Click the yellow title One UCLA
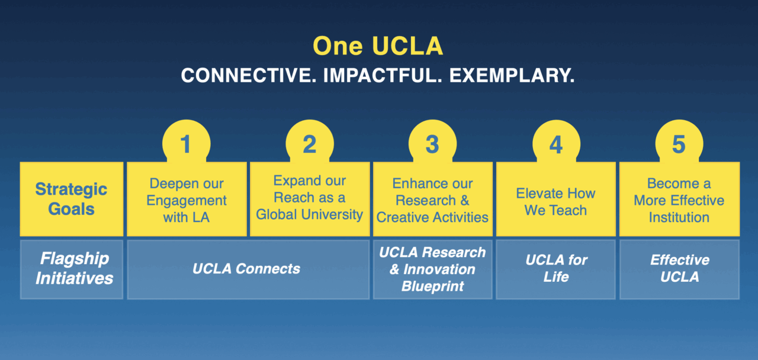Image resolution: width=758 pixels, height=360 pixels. coord(378,46)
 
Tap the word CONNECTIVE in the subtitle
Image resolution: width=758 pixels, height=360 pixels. coord(248,75)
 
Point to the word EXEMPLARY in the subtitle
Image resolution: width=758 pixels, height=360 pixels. coord(512,75)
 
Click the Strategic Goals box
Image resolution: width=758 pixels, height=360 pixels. coord(72,199)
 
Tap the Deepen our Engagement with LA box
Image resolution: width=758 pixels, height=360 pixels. coord(187,199)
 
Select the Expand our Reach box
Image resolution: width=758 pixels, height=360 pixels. coord(310,199)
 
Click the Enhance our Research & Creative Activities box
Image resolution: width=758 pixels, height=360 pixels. coord(433,199)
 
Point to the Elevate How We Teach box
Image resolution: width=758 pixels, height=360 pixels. coord(556,199)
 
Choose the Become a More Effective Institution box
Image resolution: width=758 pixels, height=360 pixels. coord(679,199)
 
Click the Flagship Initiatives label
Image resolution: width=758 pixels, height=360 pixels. coord(75,268)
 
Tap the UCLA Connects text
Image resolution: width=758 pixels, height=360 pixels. coord(246,269)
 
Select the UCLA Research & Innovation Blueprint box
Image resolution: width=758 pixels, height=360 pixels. coord(433,269)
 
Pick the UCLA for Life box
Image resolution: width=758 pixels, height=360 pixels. coord(556,269)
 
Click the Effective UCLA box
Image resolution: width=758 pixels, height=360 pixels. coord(679,269)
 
